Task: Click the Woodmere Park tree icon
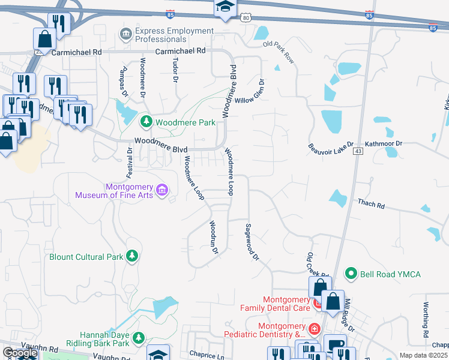[x=146, y=122]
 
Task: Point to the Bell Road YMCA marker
[x=351, y=274]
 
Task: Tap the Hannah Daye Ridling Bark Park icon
[x=139, y=339]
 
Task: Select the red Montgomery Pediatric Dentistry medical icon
[x=314, y=329]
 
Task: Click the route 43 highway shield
[x=358, y=151]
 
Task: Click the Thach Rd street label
[x=371, y=205]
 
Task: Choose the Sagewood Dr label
[x=251, y=242]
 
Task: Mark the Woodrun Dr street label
[x=212, y=236]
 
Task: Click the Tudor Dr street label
[x=175, y=71]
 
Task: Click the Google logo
[x=20, y=353]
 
